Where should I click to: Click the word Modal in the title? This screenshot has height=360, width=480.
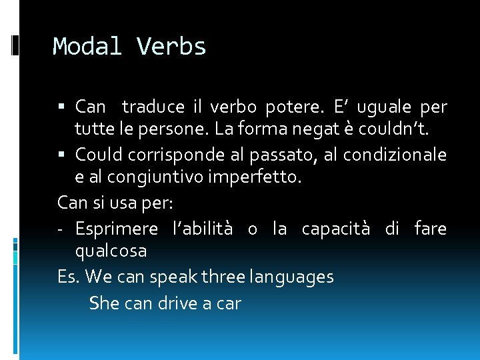pos(88,47)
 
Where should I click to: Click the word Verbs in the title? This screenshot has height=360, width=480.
pos(171,47)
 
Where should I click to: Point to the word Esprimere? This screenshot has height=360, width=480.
pos(117,229)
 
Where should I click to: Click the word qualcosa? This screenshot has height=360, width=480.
pos(111,251)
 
